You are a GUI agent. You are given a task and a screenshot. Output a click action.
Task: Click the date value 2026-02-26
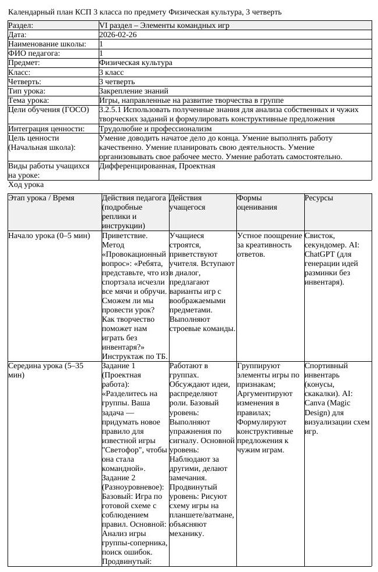(x=118, y=35)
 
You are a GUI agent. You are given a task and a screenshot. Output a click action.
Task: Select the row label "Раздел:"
(x=21, y=26)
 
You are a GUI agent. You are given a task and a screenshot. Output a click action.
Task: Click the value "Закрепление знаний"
(x=134, y=91)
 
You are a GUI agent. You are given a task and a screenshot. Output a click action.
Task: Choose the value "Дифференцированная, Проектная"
(x=157, y=166)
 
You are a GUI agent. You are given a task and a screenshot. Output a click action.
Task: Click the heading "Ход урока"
(x=26, y=185)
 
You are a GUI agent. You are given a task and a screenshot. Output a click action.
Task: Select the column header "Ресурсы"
(x=319, y=198)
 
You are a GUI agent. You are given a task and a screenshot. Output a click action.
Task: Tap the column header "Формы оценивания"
(x=257, y=202)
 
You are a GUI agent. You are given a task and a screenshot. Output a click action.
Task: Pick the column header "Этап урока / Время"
(x=41, y=198)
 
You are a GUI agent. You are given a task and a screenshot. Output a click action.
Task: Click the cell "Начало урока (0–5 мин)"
(x=49, y=236)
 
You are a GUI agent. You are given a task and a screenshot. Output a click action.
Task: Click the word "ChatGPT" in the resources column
(x=321, y=254)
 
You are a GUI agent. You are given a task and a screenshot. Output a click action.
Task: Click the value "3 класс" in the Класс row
(x=111, y=72)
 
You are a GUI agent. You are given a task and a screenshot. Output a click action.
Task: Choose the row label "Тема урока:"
(x=28, y=100)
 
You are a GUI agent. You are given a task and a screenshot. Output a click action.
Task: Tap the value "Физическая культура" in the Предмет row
(x=135, y=63)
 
